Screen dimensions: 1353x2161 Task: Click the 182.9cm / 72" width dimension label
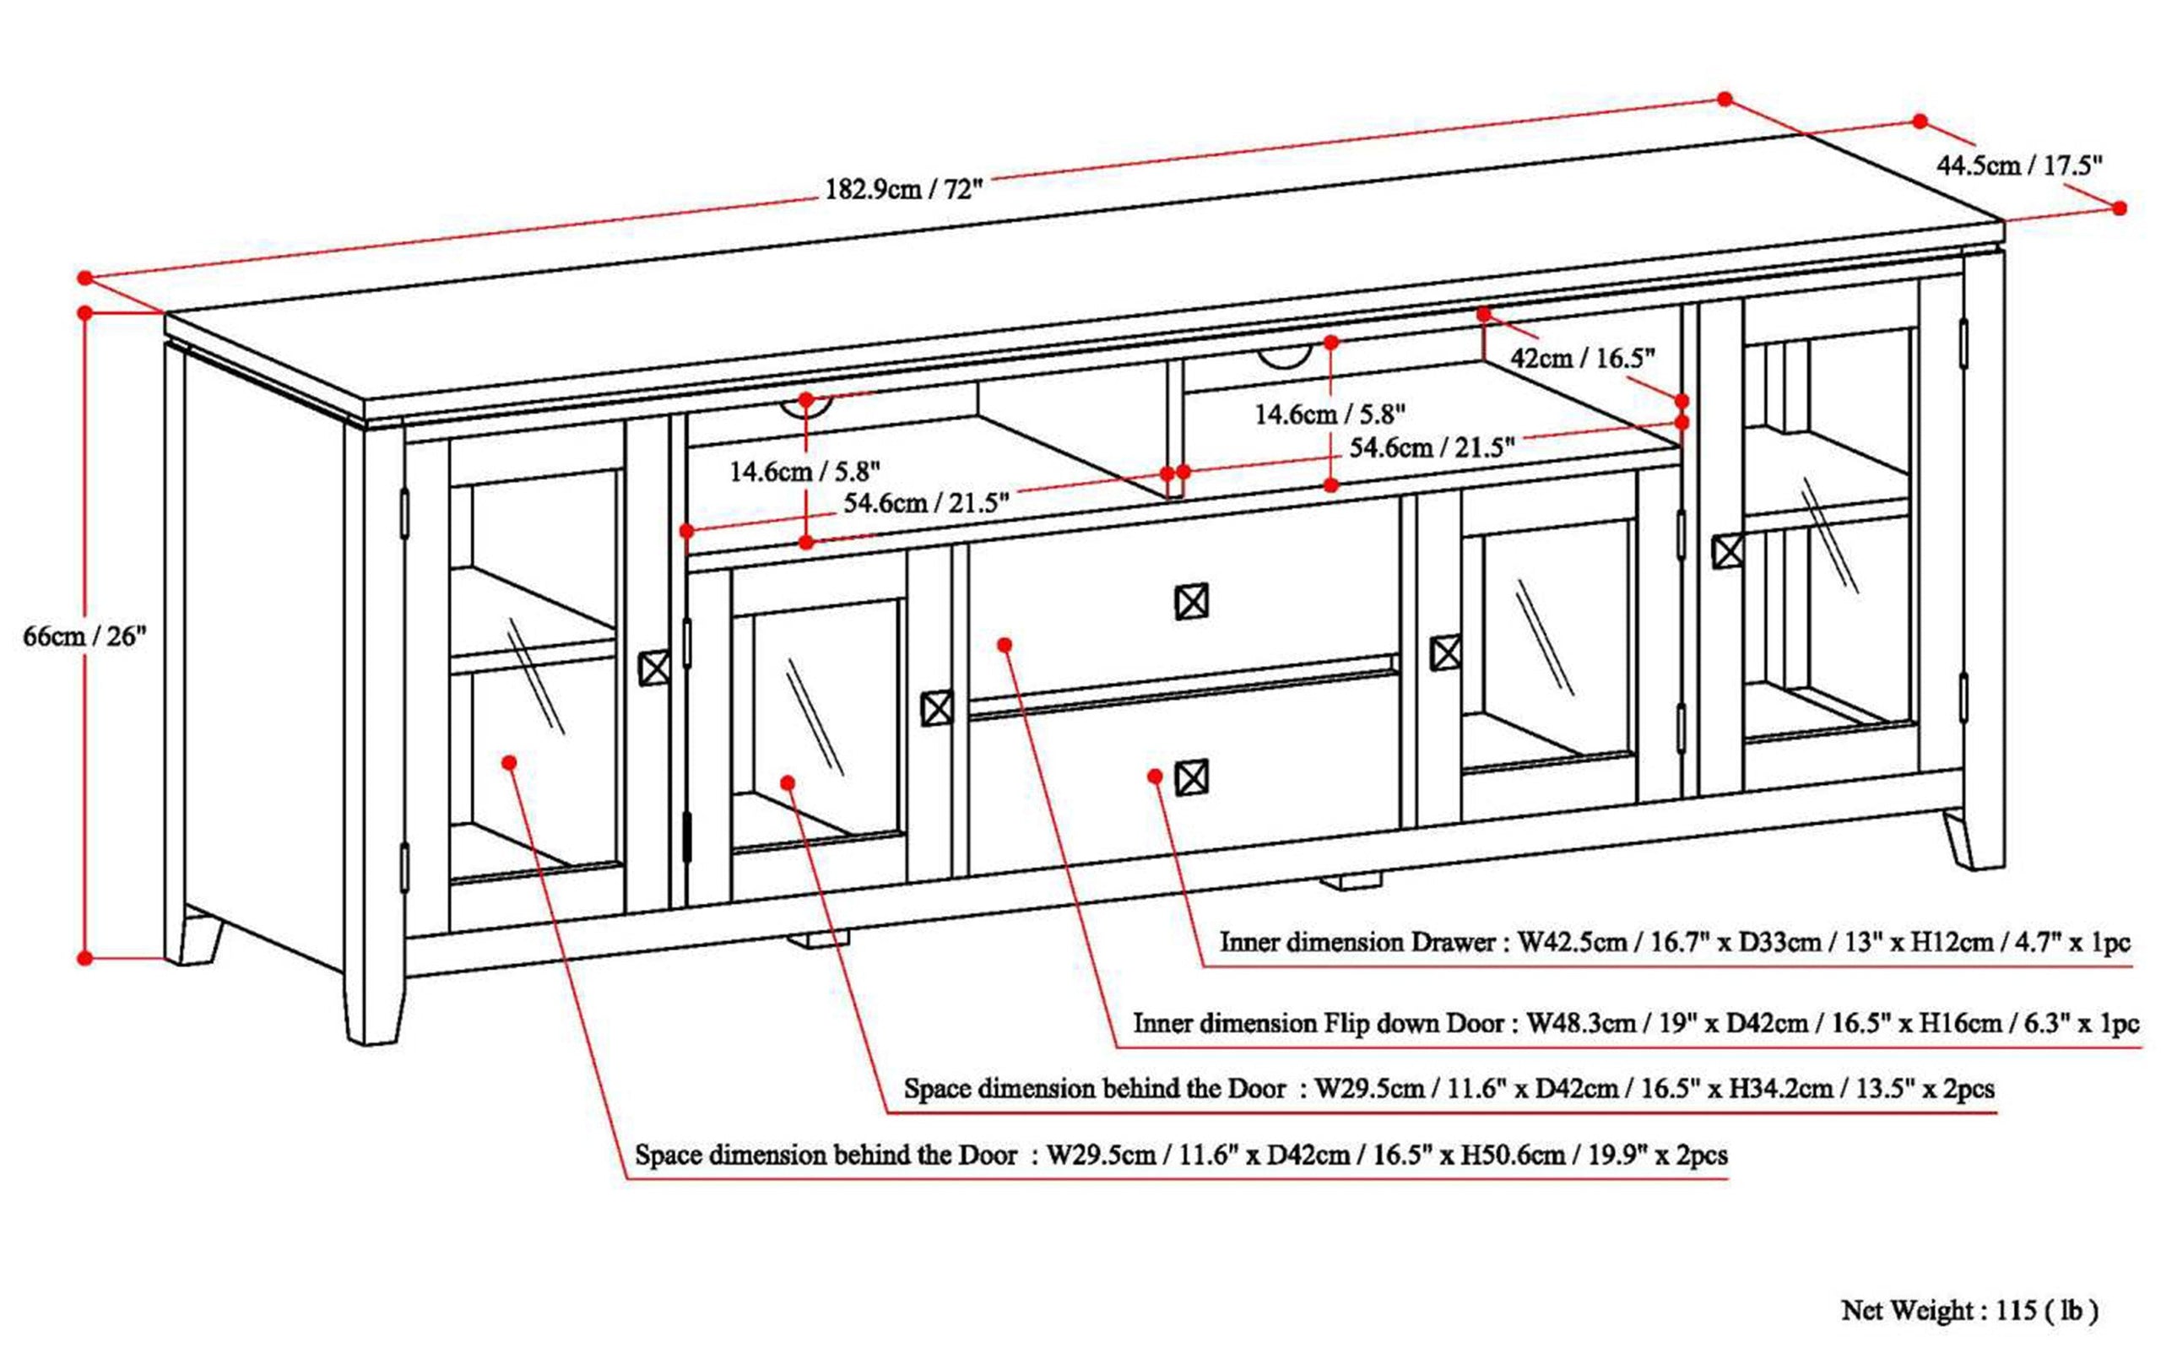coord(903,190)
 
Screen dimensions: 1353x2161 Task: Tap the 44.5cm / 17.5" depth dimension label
coord(2018,165)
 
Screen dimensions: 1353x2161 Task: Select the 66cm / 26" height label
coord(84,637)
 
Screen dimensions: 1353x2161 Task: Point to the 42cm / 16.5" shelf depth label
coord(1582,359)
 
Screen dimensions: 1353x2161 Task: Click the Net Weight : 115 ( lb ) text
coord(1969,1311)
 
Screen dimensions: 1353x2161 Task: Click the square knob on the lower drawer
coord(1191,777)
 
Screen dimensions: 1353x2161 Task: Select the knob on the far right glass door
coord(1727,551)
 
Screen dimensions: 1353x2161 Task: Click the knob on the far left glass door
coord(654,668)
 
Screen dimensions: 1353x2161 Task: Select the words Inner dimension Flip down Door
coord(1324,1023)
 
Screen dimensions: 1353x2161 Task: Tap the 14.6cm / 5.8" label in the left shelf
coord(804,471)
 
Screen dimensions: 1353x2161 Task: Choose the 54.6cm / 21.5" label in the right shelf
coord(1432,447)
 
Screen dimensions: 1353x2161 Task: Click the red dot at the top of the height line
coord(85,313)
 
